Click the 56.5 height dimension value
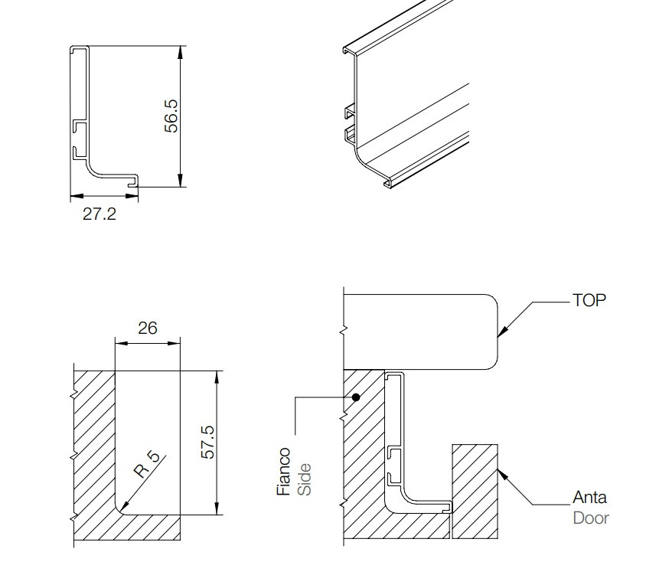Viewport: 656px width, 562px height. (171, 116)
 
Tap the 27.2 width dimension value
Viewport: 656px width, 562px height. (100, 214)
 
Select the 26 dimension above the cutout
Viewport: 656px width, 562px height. (147, 328)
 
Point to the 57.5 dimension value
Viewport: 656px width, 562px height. (207, 443)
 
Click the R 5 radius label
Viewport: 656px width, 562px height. (147, 465)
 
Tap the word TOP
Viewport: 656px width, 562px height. (589, 300)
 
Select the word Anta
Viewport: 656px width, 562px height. (589, 498)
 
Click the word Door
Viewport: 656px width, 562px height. (591, 518)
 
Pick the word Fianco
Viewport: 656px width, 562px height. (284, 472)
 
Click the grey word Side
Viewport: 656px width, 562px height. (304, 479)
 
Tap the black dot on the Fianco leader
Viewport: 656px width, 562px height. (356, 397)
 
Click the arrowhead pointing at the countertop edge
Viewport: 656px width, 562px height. (502, 331)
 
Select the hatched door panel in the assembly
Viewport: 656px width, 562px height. (475, 492)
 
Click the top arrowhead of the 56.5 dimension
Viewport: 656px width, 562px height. (180, 53)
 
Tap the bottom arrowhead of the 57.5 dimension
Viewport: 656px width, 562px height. (217, 508)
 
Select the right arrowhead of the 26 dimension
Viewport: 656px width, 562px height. (174, 344)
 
